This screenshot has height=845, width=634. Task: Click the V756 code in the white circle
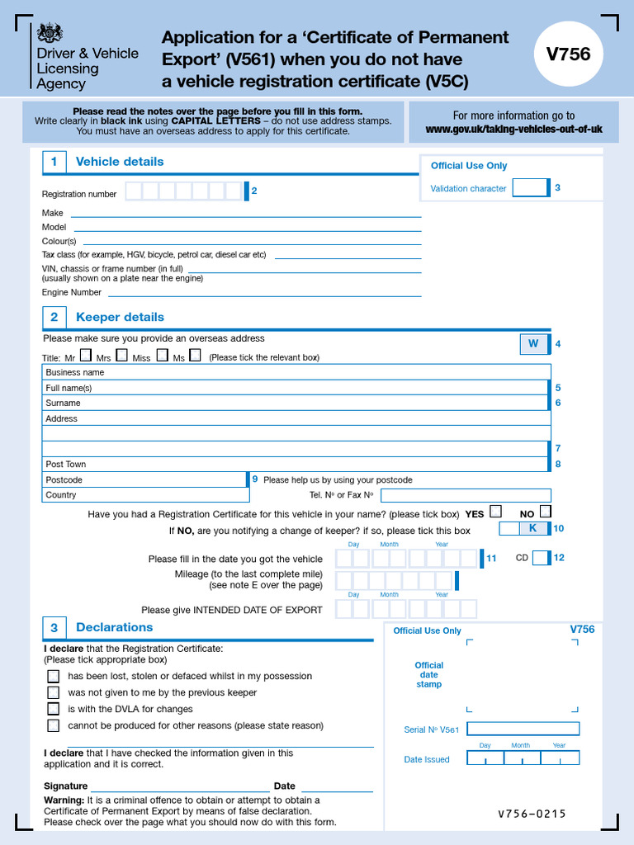tap(569, 54)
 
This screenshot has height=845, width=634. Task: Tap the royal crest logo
tap(50, 34)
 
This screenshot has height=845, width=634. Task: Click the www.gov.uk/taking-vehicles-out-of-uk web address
tap(513, 130)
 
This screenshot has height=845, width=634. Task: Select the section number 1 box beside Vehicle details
tap(54, 162)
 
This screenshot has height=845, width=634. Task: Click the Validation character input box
tap(530, 188)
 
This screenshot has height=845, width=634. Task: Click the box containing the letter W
tap(533, 344)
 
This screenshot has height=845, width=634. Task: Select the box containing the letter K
tap(532, 528)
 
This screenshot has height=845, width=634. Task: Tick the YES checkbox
tap(495, 512)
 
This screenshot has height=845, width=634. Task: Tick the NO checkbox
tap(545, 512)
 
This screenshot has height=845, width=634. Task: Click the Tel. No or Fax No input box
tap(465, 495)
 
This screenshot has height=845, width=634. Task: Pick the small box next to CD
tap(540, 558)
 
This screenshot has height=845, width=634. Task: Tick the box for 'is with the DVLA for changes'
tap(54, 709)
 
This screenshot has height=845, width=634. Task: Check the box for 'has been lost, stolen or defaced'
tap(54, 676)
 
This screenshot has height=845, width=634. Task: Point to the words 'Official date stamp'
tap(428, 674)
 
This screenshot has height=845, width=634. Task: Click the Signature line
tap(180, 786)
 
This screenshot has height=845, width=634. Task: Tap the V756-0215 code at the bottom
tap(532, 814)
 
